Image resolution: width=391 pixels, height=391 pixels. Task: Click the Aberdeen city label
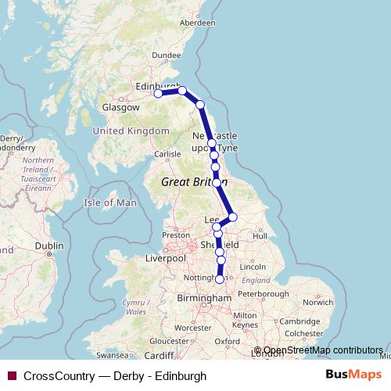coord(197,23)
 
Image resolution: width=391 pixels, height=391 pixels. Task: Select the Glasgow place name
coord(118,108)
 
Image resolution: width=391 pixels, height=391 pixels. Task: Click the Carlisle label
coord(167,154)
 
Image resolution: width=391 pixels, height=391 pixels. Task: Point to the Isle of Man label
coord(110,203)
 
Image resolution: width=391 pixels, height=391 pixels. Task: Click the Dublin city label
coord(48,245)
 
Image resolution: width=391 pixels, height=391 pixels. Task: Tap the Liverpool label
coord(165,258)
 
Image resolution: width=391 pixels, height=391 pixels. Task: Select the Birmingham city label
coord(206,298)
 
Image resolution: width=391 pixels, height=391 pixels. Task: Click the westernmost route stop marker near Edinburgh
coord(158,93)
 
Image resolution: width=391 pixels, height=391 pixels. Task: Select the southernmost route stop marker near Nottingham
coord(220,279)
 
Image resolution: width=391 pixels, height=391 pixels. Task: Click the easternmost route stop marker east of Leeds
coord(232,217)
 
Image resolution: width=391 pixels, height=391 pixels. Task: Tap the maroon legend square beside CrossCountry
coord(12,375)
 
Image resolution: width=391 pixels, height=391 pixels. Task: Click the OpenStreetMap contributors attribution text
coord(322,350)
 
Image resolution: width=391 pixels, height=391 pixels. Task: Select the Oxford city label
coord(228,342)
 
